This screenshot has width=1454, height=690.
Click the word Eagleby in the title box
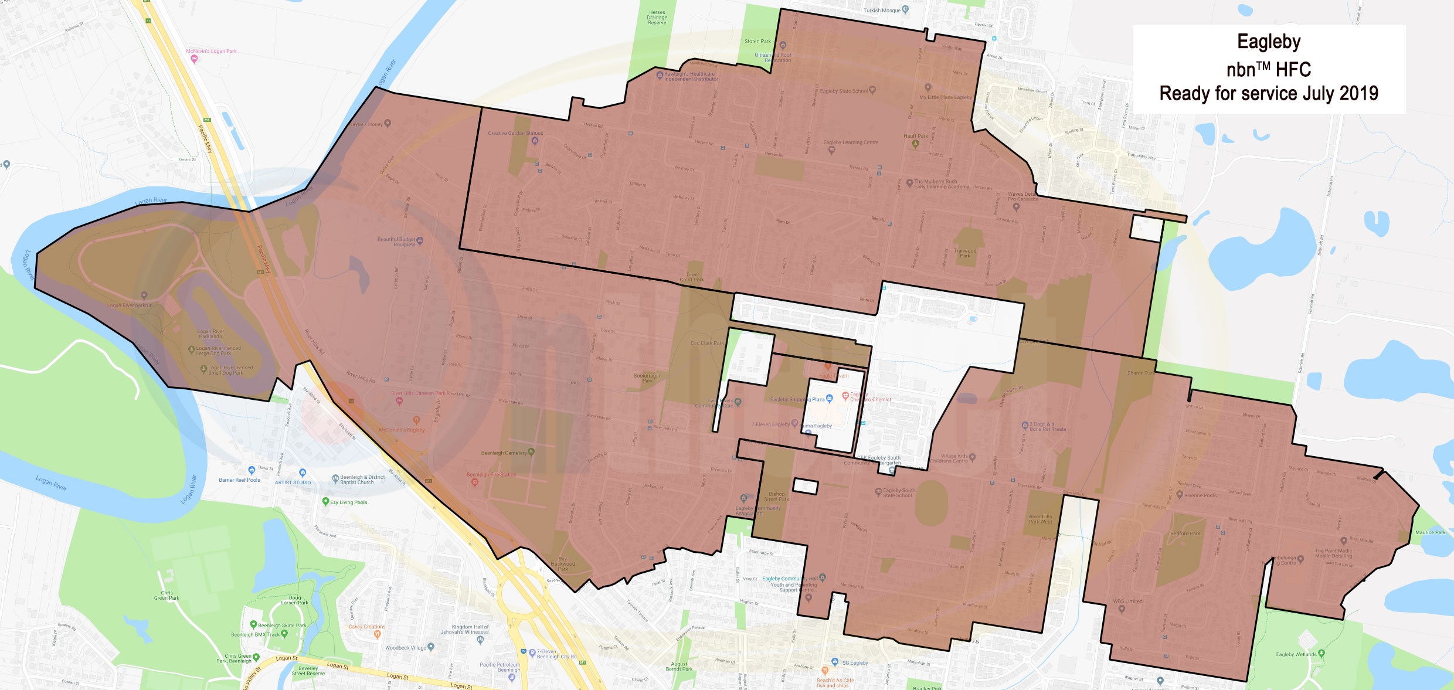[1269, 42]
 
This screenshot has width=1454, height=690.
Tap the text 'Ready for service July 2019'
[1269, 93]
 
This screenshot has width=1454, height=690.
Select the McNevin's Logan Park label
[211, 51]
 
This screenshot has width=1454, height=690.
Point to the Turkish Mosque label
[882, 11]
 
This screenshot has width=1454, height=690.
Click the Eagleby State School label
[844, 91]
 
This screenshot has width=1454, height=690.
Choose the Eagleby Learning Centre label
[851, 142]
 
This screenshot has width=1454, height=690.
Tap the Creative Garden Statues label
[515, 133]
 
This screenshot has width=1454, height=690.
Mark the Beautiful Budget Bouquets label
[396, 242]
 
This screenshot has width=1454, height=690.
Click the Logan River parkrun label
[130, 305]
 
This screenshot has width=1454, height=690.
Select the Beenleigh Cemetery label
[504, 453]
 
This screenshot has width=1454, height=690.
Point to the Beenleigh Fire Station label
[491, 474]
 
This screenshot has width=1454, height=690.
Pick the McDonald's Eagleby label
[402, 430]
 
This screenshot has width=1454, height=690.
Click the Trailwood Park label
[965, 253]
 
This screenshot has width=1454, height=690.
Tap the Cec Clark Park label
[707, 343]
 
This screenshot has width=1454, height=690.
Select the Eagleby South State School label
[899, 492]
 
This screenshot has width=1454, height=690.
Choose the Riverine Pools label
[1200, 495]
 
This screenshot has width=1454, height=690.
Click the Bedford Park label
[1185, 533]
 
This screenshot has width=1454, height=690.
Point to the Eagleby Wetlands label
[1296, 654]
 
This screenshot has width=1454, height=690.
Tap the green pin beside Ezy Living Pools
[325, 501]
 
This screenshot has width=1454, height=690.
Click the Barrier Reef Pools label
[239, 480]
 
